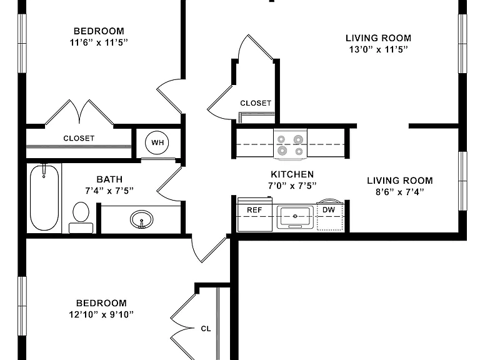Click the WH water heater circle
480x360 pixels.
[157, 142]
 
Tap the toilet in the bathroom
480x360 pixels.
[81, 217]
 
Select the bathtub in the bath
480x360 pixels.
[44, 197]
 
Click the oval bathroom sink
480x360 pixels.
[141, 219]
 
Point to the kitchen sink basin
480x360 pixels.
[295, 217]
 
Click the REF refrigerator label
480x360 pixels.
[254, 210]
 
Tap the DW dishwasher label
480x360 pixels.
[329, 210]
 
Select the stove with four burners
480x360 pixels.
[290, 144]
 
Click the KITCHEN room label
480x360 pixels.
[292, 174]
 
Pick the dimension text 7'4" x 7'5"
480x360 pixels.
[109, 191]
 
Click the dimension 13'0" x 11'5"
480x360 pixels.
[379, 49]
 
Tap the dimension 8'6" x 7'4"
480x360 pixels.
[400, 192]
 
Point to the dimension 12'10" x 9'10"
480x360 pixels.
[101, 314]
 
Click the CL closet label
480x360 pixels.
[206, 329]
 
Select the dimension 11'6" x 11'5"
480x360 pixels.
[99, 42]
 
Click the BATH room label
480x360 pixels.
[109, 179]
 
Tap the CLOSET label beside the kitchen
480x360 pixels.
[256, 103]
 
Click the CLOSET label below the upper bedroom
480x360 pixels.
[79, 138]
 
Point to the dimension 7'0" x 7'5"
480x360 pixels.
[292, 186]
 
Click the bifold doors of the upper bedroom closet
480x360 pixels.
[79, 112]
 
